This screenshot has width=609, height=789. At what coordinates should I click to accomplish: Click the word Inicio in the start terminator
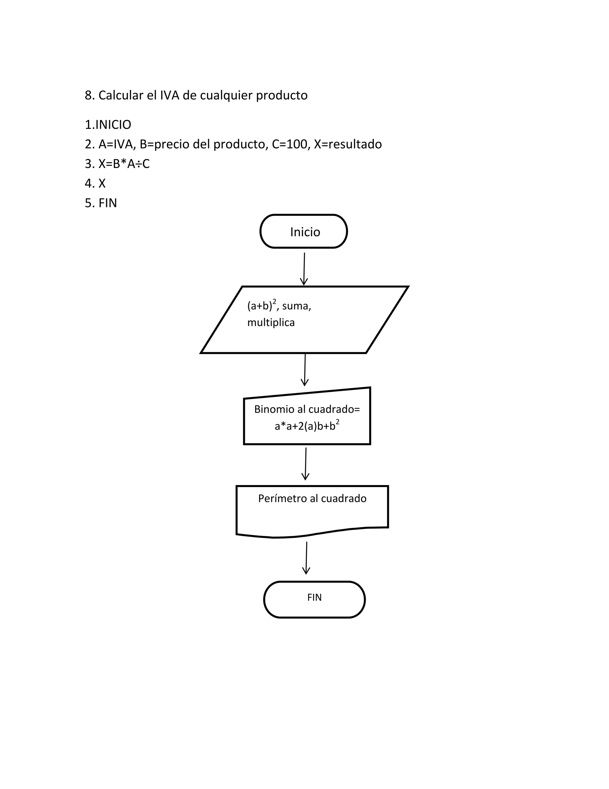[x=305, y=232]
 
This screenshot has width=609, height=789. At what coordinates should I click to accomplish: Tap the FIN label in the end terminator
[x=314, y=597]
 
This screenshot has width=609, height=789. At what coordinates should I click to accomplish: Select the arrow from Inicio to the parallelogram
[x=304, y=269]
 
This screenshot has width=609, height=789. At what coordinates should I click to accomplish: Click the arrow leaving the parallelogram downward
[x=305, y=369]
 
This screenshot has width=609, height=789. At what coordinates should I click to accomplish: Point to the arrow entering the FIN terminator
[x=306, y=557]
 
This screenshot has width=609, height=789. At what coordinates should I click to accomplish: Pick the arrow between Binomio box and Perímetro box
[x=306, y=464]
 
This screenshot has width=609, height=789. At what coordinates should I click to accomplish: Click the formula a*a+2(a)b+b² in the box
[x=307, y=426]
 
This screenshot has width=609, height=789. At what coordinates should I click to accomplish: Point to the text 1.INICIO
[x=108, y=125]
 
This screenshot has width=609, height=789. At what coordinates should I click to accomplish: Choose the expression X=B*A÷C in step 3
[x=124, y=164]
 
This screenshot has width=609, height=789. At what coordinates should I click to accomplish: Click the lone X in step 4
[x=102, y=183]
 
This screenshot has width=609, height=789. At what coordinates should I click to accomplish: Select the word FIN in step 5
[x=108, y=203]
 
